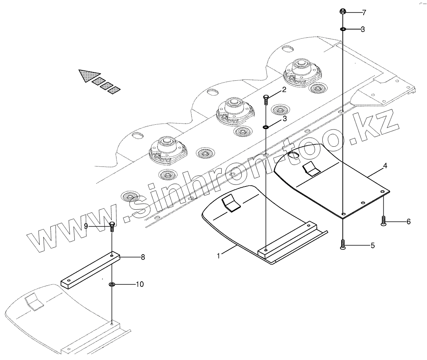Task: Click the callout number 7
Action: click(x=364, y=13)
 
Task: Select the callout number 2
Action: click(x=284, y=90)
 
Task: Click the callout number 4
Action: click(x=385, y=166)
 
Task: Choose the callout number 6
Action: click(x=408, y=222)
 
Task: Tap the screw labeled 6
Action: click(x=384, y=221)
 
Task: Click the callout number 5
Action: click(x=372, y=246)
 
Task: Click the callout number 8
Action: click(x=143, y=257)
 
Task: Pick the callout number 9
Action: click(x=86, y=226)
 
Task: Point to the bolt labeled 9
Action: click(x=112, y=227)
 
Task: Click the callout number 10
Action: click(x=140, y=284)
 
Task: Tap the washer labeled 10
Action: click(x=112, y=284)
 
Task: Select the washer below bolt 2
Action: click(x=266, y=127)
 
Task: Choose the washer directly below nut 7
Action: click(x=343, y=30)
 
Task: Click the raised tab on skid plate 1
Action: click(x=231, y=203)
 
